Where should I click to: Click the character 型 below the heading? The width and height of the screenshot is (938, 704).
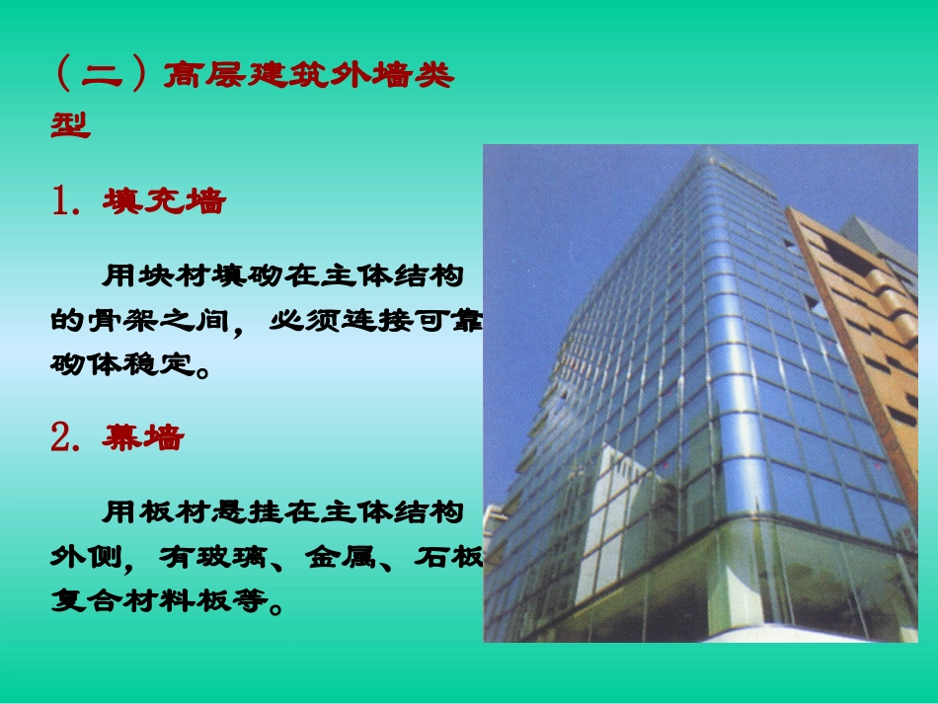pyautogui.click(x=71, y=125)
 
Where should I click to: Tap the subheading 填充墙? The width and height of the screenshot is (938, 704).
pyautogui.click(x=164, y=202)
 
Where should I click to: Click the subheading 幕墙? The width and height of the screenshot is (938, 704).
pyautogui.click(x=143, y=438)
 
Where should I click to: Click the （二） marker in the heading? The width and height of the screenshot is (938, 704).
pyautogui.click(x=102, y=76)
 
